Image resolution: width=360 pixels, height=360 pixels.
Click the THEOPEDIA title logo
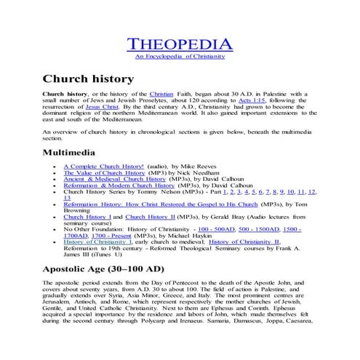point(180,45)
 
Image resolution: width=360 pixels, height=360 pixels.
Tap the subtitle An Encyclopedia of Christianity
point(180,57)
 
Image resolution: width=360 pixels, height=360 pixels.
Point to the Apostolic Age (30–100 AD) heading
point(113,269)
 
